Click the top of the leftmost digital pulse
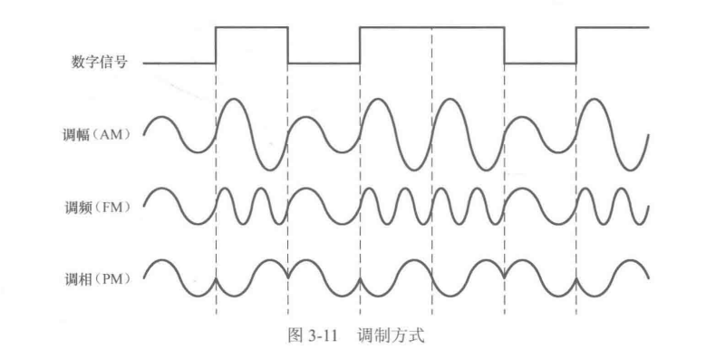click(x=251, y=28)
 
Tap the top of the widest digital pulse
click(x=431, y=28)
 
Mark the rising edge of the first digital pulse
click(x=216, y=45)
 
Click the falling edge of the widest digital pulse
click(x=504, y=45)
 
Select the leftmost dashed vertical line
click(x=216, y=181)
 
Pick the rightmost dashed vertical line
click(x=576, y=181)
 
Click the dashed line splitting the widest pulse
click(x=432, y=181)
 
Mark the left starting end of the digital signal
click(x=145, y=63)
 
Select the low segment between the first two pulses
click(x=324, y=63)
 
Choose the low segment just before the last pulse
click(x=540, y=63)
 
